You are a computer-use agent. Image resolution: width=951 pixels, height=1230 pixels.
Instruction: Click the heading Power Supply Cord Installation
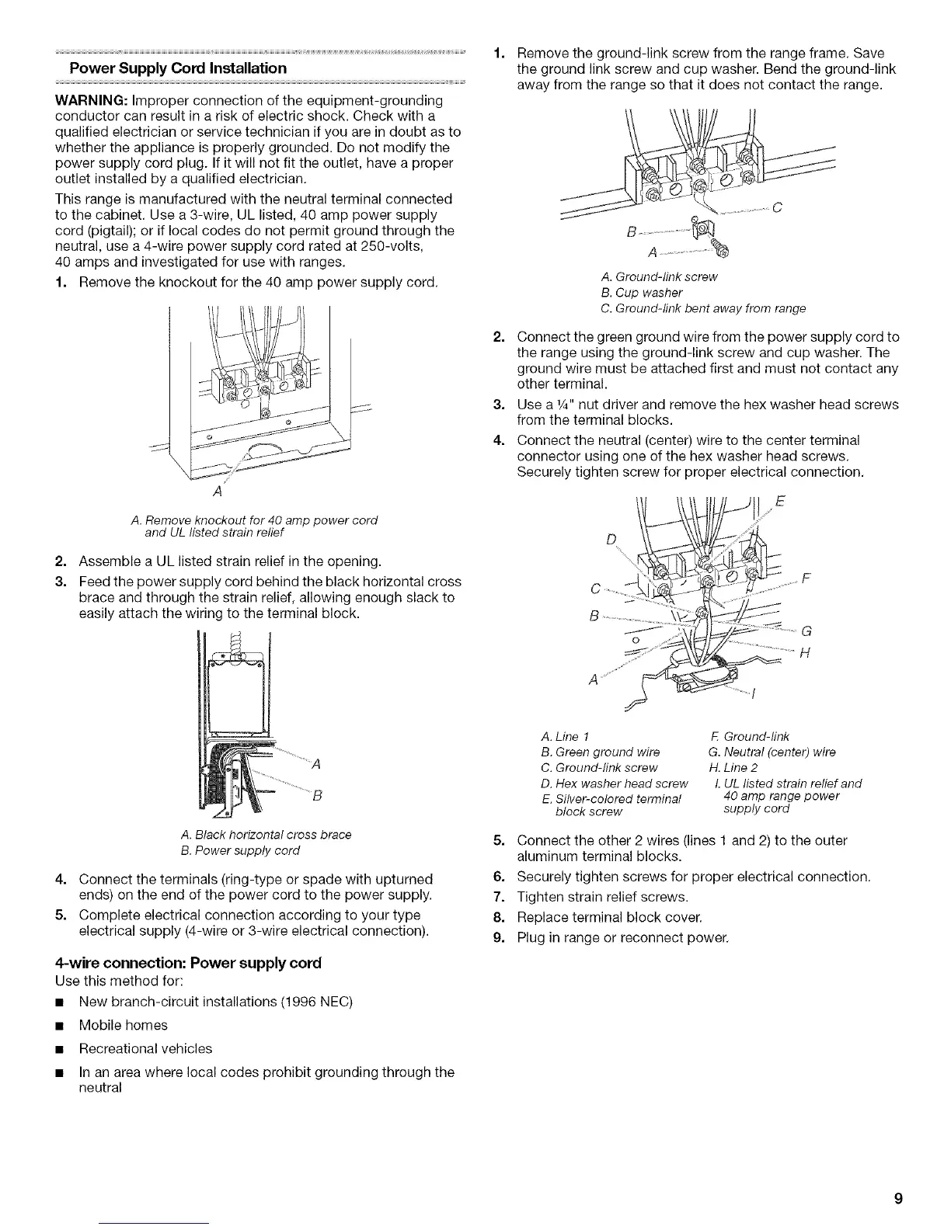click(x=178, y=68)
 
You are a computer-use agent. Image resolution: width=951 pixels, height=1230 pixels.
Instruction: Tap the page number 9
click(x=897, y=1199)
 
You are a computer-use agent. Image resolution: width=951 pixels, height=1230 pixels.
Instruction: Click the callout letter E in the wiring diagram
click(x=781, y=502)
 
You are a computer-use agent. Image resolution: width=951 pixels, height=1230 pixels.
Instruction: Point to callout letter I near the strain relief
click(x=756, y=693)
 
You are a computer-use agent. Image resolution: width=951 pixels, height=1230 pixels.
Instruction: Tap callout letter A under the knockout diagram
click(x=217, y=492)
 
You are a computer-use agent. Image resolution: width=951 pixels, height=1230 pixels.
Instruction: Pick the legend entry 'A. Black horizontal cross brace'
click(x=265, y=834)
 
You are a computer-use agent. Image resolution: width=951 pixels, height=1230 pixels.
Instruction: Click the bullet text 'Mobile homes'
click(x=123, y=1025)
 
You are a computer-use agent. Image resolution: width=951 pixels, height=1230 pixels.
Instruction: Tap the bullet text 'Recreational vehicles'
click(x=145, y=1048)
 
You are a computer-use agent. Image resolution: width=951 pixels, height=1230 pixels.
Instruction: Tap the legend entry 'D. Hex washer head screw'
click(x=614, y=783)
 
